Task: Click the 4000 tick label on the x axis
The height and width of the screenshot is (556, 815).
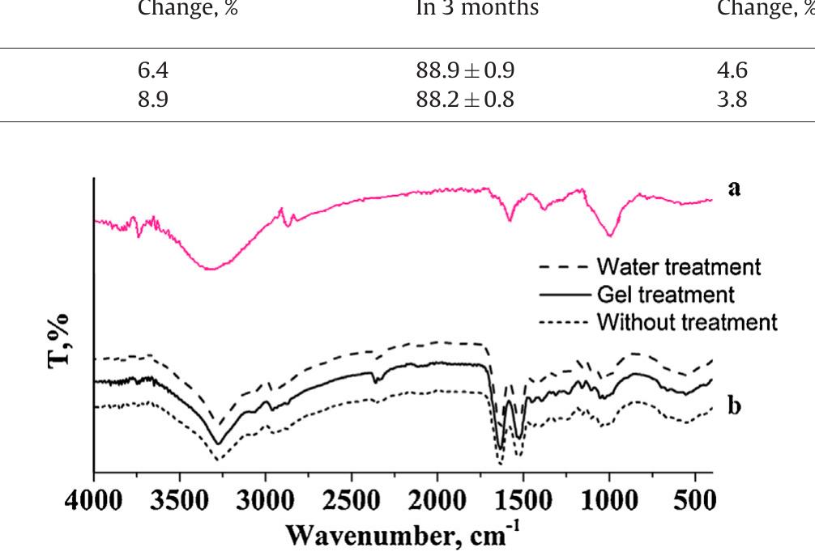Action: [x=94, y=501]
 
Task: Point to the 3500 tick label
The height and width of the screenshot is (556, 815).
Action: [x=180, y=501]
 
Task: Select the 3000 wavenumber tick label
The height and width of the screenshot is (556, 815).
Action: [x=266, y=501]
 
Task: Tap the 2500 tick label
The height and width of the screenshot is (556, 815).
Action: [x=352, y=501]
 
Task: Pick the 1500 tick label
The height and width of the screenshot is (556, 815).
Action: [x=523, y=501]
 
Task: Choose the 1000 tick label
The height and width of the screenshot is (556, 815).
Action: [x=609, y=501]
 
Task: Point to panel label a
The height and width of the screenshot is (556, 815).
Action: [x=734, y=189]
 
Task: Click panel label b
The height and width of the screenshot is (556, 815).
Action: [x=734, y=405]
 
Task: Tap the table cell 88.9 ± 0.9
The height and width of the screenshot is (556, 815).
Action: [x=465, y=70]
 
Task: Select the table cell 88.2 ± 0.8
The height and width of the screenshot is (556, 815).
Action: [x=465, y=100]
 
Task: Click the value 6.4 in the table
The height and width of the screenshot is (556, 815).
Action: [x=153, y=70]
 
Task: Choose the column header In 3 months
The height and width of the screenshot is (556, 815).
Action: [x=477, y=9]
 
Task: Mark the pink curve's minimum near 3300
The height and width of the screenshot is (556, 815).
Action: [x=211, y=269]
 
